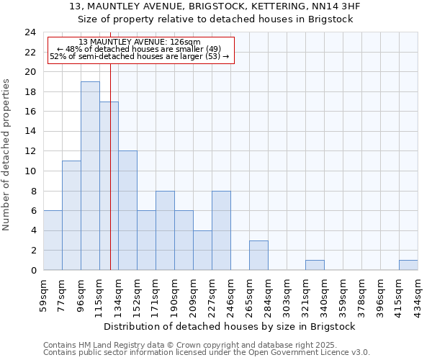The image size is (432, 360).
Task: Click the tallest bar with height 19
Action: [x=90, y=176]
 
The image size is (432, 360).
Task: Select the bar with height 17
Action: [x=109, y=186]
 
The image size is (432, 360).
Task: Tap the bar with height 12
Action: [x=127, y=210]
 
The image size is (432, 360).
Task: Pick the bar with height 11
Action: [x=71, y=215]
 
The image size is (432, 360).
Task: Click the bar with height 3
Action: [x=258, y=255]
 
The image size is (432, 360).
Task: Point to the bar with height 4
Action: [x=202, y=250]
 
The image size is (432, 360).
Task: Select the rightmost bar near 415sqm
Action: [x=408, y=265]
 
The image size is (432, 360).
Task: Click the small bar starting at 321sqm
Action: [x=315, y=265]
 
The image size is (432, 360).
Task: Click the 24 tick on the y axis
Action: [x=30, y=32]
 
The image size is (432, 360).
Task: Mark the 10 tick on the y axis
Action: [x=30, y=171]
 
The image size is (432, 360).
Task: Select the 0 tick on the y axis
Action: [x=33, y=271]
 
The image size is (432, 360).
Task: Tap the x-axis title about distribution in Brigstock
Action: [x=230, y=327]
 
